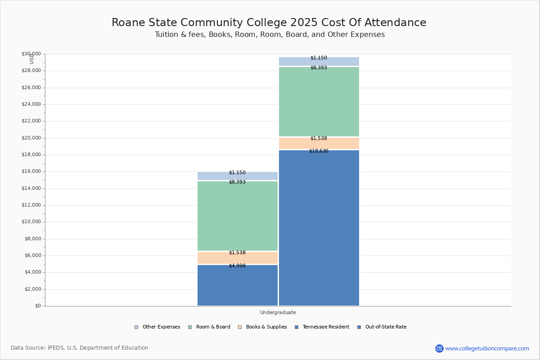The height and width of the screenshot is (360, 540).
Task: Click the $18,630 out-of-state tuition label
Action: [x=319, y=151]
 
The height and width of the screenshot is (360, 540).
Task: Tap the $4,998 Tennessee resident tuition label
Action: [x=237, y=266]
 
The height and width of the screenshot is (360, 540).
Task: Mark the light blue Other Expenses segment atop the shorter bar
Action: [x=238, y=176]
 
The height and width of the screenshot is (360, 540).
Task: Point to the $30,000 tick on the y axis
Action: [x=31, y=54]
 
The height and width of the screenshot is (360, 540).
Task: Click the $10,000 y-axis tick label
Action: [x=31, y=222]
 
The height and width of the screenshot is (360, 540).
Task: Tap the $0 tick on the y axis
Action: [x=37, y=306]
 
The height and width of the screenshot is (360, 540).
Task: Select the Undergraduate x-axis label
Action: [x=278, y=312]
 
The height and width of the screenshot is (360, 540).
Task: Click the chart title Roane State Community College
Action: [x=269, y=23]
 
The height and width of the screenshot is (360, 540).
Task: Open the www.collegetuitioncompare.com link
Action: [x=486, y=348]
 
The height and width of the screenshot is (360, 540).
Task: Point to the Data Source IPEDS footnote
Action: [x=80, y=348]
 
